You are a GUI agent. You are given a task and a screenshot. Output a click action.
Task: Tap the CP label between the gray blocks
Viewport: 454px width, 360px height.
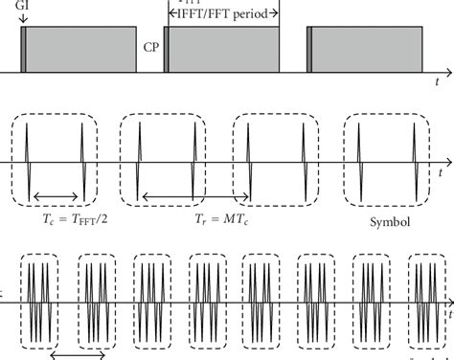pos(151,45)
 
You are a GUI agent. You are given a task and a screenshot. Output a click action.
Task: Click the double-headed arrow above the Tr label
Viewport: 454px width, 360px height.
pos(194,197)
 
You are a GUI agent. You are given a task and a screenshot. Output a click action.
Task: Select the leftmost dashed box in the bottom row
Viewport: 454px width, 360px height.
pos(40,303)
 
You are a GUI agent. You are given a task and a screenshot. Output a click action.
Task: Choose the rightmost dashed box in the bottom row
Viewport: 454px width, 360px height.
pos(428,303)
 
